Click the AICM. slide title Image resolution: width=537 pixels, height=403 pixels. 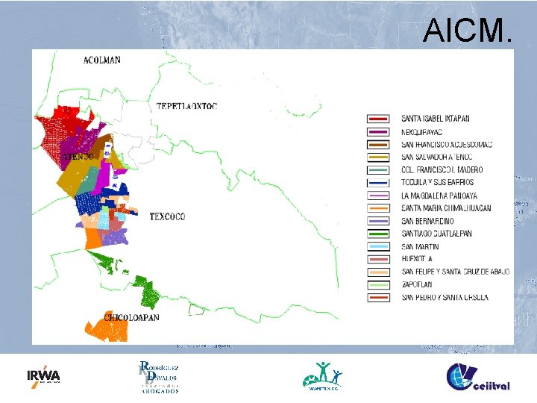(468, 31)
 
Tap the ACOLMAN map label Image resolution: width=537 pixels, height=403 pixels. (102, 60)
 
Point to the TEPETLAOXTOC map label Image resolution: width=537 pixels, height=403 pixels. (186, 106)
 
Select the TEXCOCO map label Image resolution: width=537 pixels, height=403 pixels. (167, 217)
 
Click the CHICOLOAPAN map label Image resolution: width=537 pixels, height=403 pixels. (131, 317)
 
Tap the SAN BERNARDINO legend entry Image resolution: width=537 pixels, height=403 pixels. (427, 221)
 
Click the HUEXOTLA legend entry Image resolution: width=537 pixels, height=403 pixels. (417, 259)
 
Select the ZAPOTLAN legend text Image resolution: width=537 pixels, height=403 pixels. (415, 284)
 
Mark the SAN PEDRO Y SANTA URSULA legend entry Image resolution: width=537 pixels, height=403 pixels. (445, 297)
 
